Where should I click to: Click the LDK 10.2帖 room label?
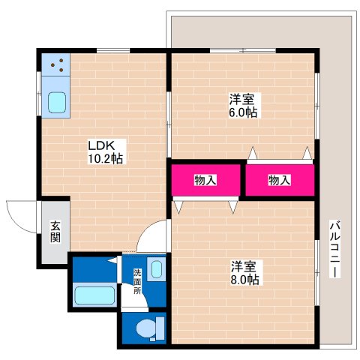[105, 152]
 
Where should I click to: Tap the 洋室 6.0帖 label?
[243, 106]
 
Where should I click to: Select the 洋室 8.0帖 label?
[244, 273]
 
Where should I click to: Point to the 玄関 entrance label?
[55, 232]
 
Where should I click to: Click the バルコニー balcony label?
[334, 249]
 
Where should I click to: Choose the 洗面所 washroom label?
[137, 282]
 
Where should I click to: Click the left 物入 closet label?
[205, 180]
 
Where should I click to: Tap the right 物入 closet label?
[280, 180]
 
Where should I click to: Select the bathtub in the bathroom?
[94, 295]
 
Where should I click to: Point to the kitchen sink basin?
[57, 103]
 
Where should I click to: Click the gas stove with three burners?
[55, 64]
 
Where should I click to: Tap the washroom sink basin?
[157, 269]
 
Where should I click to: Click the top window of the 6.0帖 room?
[243, 50]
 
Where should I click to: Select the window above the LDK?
[113, 50]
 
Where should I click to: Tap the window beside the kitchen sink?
[39, 94]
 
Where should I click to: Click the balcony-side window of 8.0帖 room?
[317, 273]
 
